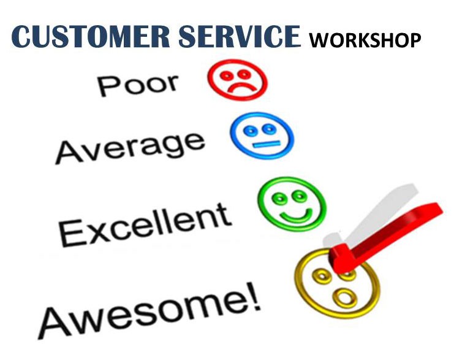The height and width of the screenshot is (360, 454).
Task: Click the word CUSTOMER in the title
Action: pos(90,37)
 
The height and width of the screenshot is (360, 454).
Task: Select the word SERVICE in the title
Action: pos(240,37)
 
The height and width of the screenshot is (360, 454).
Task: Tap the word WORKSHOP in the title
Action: pos(365,40)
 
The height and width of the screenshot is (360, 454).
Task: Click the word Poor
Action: pos(138,84)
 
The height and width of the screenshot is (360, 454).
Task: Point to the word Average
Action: pos(131,147)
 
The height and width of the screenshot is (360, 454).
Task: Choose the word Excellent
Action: pos(145,224)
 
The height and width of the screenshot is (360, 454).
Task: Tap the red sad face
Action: pos(238,80)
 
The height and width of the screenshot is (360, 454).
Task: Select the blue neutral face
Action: pos(262,136)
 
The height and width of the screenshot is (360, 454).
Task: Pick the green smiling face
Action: pos(292,204)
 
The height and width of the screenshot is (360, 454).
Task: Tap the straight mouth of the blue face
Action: pos(267,144)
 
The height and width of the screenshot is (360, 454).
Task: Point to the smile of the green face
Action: pos(296,217)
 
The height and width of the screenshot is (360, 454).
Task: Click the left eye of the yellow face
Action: pos(321,275)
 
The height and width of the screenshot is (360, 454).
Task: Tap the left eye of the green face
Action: pos(280,199)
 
